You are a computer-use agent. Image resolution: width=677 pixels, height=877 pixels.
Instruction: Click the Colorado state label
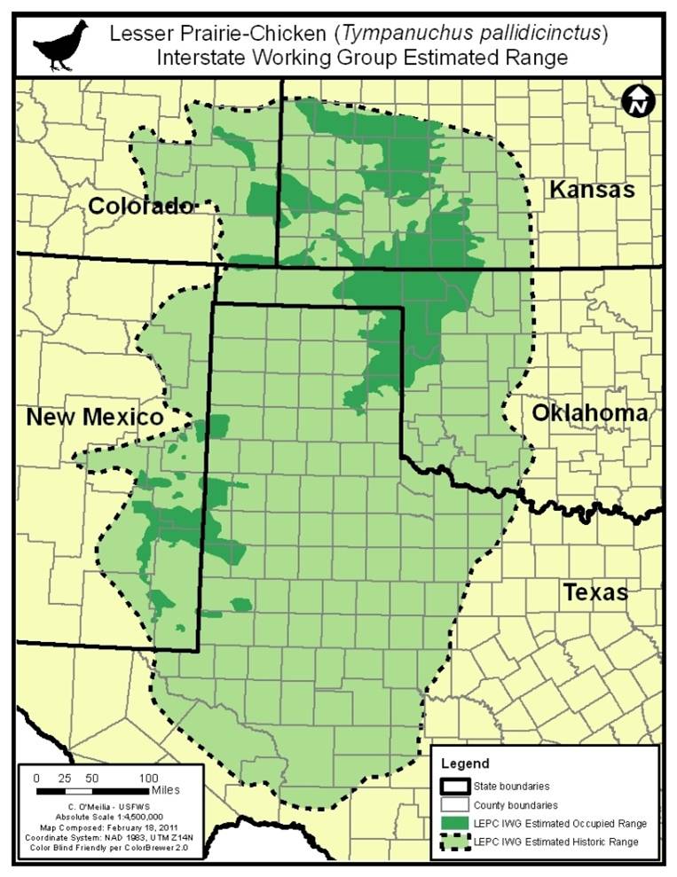(x=140, y=207)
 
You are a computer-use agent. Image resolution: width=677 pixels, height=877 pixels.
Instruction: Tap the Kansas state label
(x=592, y=189)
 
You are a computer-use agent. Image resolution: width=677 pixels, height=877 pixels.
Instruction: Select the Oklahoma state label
(x=589, y=413)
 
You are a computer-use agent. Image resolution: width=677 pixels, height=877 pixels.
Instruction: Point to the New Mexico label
(x=94, y=417)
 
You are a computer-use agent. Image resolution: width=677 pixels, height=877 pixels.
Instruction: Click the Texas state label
(x=594, y=592)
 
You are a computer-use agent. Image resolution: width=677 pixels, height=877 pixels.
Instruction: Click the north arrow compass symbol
(x=638, y=101)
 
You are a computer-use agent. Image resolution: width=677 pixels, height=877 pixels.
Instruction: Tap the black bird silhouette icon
(x=61, y=45)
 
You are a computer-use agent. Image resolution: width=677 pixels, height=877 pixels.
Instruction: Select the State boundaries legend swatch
(x=452, y=786)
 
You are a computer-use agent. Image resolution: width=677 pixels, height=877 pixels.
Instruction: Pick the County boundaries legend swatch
(x=452, y=805)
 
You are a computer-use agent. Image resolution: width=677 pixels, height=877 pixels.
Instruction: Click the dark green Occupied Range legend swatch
(x=452, y=824)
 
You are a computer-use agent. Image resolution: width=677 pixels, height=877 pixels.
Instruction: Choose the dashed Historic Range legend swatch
(x=452, y=842)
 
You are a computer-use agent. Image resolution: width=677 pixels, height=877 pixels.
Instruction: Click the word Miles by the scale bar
(x=166, y=789)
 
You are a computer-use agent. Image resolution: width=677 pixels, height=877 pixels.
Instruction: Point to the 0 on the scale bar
(x=35, y=777)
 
